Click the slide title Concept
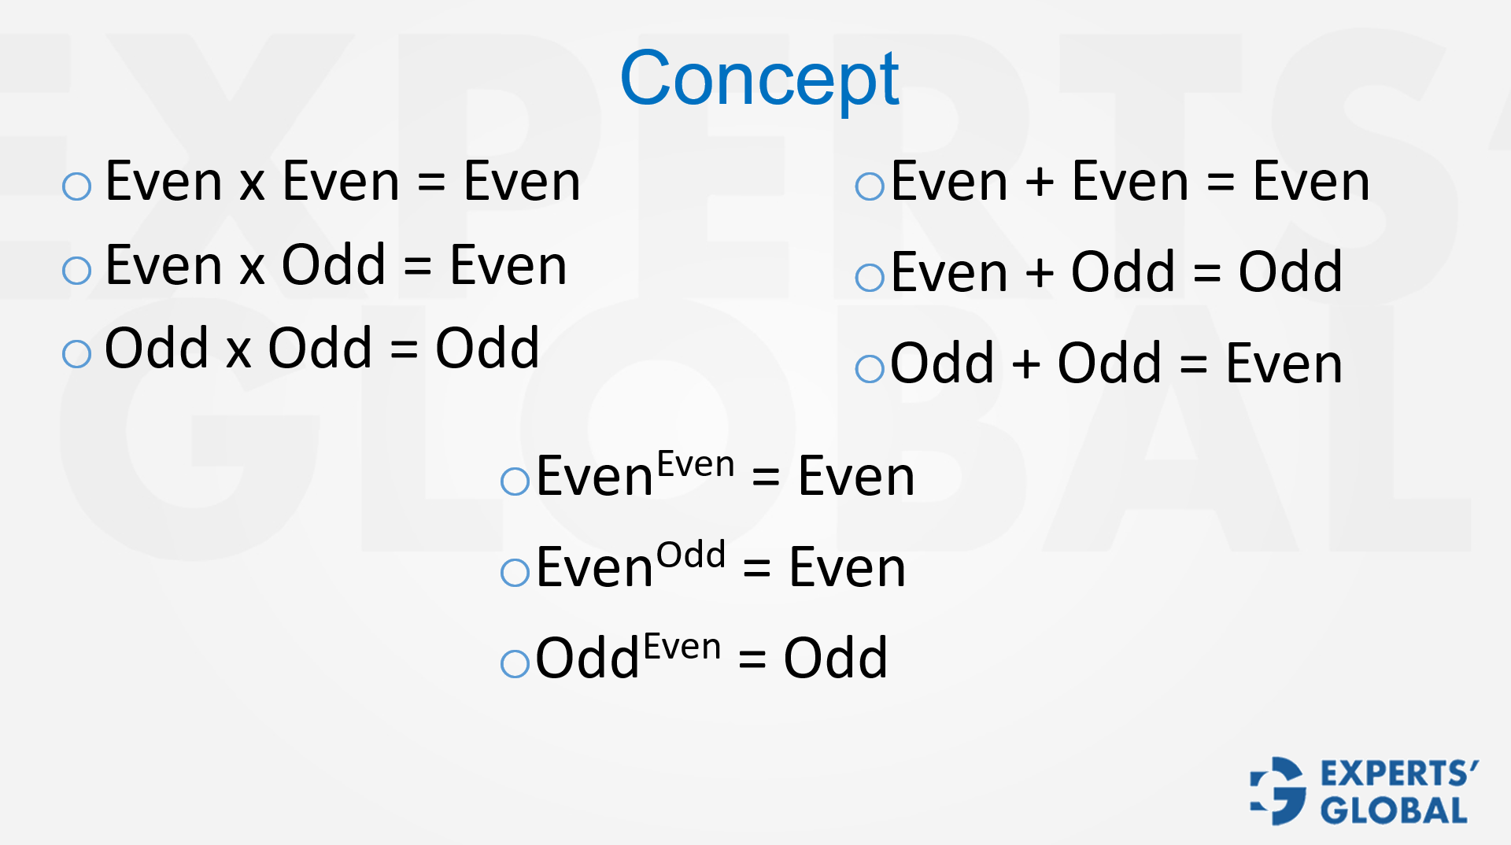pos(759,79)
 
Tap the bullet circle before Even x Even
pos(77,186)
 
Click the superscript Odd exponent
pos(691,555)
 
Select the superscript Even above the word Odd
pos(682,648)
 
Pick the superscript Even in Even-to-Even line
pos(696,465)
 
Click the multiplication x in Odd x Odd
pos(238,349)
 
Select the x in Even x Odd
pos(252,267)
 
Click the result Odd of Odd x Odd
pos(487,348)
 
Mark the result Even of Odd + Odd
pos(1284,363)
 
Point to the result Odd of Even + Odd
pos(1291,272)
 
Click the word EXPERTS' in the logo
pos(1399,774)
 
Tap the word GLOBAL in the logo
pos(1394,810)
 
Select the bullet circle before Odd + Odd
pos(870,368)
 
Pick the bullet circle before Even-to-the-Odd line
pos(515,572)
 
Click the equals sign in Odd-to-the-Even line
pos(752,659)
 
